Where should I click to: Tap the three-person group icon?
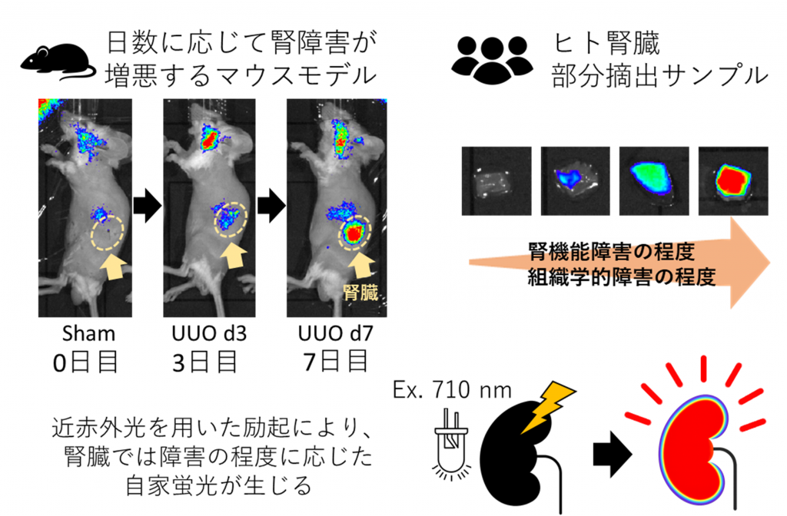493,60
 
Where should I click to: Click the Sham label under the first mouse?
88,333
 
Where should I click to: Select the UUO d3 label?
209,333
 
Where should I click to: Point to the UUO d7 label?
335,333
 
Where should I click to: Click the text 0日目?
85,362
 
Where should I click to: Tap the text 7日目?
335,362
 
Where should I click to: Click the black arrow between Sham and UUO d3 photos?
148,206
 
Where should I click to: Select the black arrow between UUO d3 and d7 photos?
271,206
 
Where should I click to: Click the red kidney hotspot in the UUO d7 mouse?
355,233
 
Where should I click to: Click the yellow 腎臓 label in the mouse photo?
360,291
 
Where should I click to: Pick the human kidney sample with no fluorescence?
496,181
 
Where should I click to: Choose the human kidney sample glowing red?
733,181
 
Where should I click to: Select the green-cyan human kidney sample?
654,181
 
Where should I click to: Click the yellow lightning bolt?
548,406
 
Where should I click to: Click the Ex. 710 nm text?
452,390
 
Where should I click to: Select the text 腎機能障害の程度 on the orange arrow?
611,252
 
